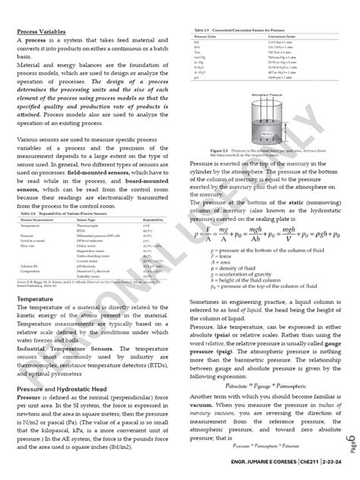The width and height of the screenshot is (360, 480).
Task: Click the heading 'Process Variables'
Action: coord(39,32)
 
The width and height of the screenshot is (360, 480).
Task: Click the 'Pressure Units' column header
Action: coord(204,35)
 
